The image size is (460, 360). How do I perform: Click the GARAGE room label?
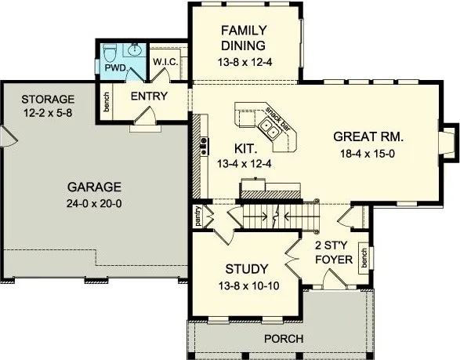94,187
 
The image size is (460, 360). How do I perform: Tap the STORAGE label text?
48,99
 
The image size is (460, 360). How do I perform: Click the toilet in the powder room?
110,53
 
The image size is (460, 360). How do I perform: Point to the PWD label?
114,68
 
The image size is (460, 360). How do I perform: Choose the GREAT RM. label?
368,136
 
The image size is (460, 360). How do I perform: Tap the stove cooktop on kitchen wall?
204,144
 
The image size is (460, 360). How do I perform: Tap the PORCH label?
284,339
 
